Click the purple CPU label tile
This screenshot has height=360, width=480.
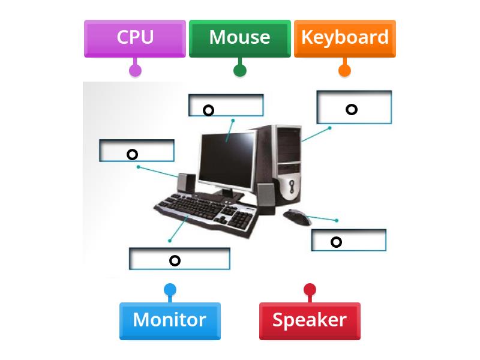[135, 38]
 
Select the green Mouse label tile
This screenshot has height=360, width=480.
[239, 38]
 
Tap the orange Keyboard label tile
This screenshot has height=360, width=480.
[344, 38]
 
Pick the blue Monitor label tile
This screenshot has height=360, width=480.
[170, 320]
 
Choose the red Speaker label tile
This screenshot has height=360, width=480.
[310, 320]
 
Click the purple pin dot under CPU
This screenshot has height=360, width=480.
[136, 70]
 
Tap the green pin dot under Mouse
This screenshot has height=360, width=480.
[239, 70]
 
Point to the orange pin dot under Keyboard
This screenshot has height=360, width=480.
[344, 70]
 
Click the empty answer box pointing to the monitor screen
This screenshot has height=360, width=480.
[226, 105]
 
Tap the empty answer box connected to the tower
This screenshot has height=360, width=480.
[354, 107]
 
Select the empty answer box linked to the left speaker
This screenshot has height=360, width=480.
[137, 151]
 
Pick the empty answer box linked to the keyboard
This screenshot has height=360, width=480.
[179, 259]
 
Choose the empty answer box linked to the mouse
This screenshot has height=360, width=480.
[349, 240]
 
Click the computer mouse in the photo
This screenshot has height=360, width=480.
[296, 216]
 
